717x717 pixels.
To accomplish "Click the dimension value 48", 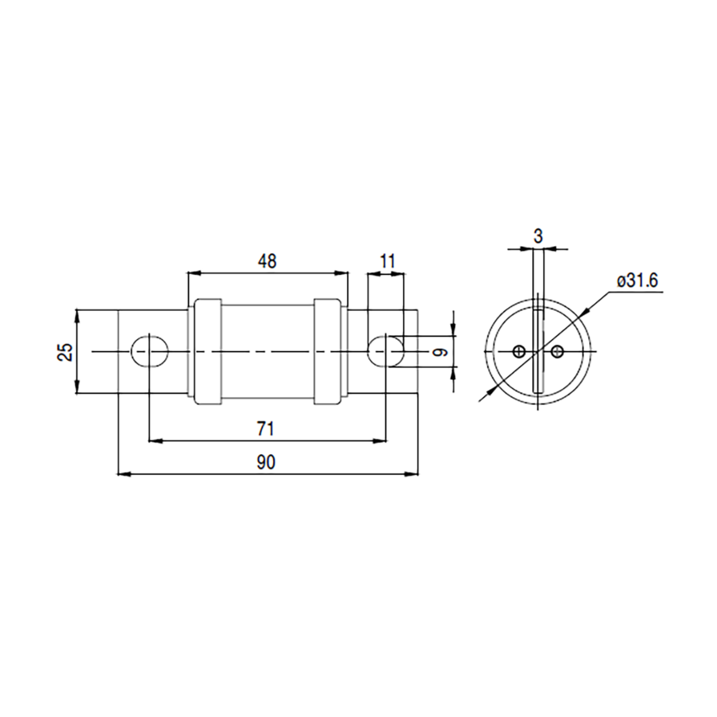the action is coord(267,262).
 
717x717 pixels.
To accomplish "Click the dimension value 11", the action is coord(388,261).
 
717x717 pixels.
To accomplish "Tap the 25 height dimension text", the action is coord(65,352).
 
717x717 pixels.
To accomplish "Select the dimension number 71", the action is coord(266,429).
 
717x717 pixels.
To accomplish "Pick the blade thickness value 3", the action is coord(538,236).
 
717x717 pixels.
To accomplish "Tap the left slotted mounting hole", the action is coord(150,351).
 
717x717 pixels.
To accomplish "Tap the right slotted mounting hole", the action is coord(386,351).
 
